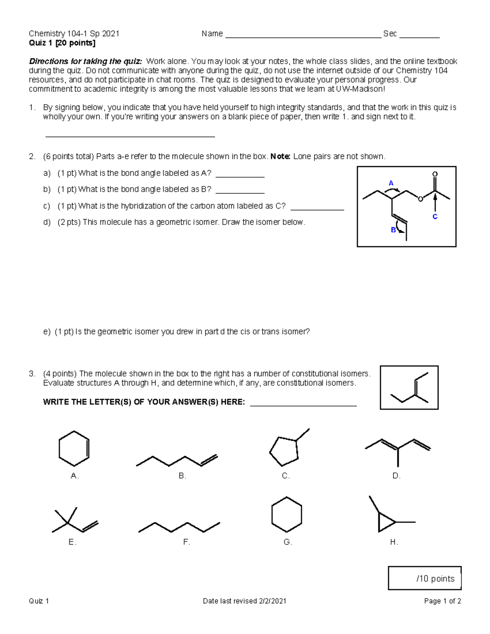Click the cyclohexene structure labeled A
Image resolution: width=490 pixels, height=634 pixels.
(74, 448)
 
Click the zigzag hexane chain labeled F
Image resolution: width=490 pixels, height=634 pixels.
(179, 527)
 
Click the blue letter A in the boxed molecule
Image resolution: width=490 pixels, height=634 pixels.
(391, 183)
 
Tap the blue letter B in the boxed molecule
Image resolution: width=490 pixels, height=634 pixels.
(393, 230)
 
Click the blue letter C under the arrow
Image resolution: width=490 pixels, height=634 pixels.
(435, 217)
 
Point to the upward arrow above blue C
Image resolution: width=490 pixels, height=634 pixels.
(435, 202)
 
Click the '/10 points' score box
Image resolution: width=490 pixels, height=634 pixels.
(425, 578)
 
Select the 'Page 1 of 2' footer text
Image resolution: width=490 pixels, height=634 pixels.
(442, 601)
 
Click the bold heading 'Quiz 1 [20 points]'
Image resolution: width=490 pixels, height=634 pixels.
(62, 43)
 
